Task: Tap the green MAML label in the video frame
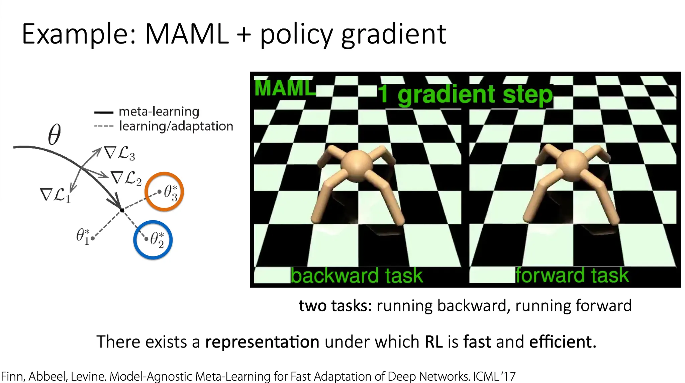(x=285, y=88)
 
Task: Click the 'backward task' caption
(x=357, y=276)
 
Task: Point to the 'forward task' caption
(x=572, y=275)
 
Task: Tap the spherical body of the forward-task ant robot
(x=572, y=166)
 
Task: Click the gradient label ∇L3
(x=119, y=154)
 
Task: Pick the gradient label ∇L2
(x=126, y=178)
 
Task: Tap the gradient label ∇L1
(x=56, y=195)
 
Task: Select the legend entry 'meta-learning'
(x=159, y=111)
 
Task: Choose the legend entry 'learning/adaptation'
(x=176, y=126)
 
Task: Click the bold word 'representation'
(x=262, y=342)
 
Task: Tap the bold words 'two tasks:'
(x=335, y=306)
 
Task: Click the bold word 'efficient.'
(x=563, y=341)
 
